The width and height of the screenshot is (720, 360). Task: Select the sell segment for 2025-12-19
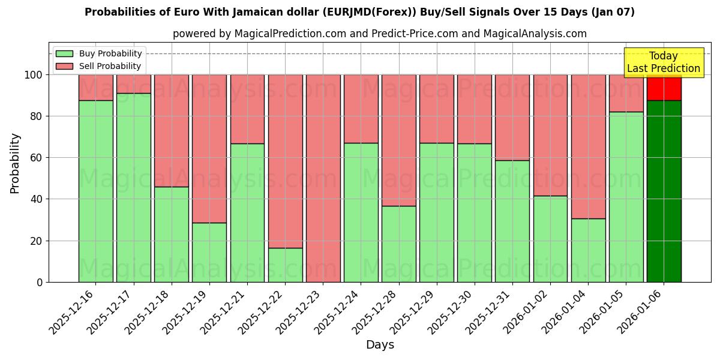pyautogui.click(x=209, y=148)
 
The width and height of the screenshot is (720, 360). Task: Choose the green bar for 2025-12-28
pyautogui.click(x=398, y=244)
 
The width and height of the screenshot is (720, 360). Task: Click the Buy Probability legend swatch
pyautogui.click(x=64, y=53)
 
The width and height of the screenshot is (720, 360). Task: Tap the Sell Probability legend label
pyautogui.click(x=110, y=66)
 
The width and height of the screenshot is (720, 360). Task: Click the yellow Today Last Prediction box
pyautogui.click(x=663, y=62)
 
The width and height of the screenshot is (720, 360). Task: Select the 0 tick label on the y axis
pyautogui.click(x=40, y=282)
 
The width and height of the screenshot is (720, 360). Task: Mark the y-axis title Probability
pyautogui.click(x=15, y=163)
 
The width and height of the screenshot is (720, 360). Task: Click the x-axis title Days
pyautogui.click(x=380, y=345)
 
